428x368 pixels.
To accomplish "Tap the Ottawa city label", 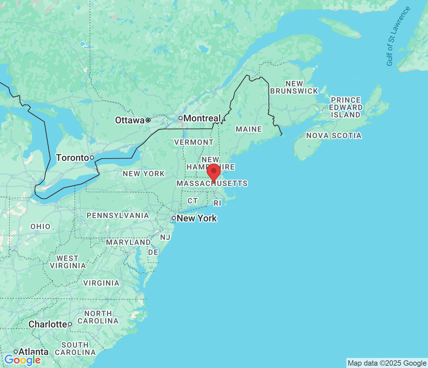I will pos(130,120).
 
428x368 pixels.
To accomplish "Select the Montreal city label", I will pos(202,118).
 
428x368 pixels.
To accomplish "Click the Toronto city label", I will pos(72,158).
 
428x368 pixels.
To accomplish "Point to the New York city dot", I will pos(174,218).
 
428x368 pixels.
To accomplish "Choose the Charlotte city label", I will pos(48,324).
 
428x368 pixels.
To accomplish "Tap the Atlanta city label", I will pos(33,352).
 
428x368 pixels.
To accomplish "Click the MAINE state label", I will pos(249,129).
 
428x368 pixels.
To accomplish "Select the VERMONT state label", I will pos(194,142).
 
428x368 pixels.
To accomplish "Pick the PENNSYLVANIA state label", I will pos(118,215).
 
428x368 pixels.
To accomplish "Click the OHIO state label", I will pos(40,226).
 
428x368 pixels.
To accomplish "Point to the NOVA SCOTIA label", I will pos(334,135).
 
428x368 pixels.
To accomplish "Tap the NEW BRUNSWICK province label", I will pos(294,87).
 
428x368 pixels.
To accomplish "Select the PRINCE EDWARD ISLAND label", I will pos(346,107).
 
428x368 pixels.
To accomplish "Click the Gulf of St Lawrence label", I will pos(398,36).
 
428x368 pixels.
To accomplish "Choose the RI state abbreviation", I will pos(217,203).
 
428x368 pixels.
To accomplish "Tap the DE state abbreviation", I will pos(153,252).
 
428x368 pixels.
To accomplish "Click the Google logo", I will pos(23,360).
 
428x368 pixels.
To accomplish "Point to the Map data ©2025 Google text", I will pos(387,363).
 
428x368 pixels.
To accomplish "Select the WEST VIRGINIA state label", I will pos(68,262).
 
